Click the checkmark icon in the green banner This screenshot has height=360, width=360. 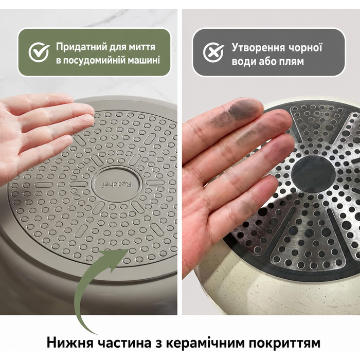point(39,52)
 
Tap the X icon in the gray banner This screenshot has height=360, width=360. point(213,52)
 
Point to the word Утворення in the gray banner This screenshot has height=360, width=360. point(258,48)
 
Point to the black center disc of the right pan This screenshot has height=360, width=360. point(313,174)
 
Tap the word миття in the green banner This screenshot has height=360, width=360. point(142,47)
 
